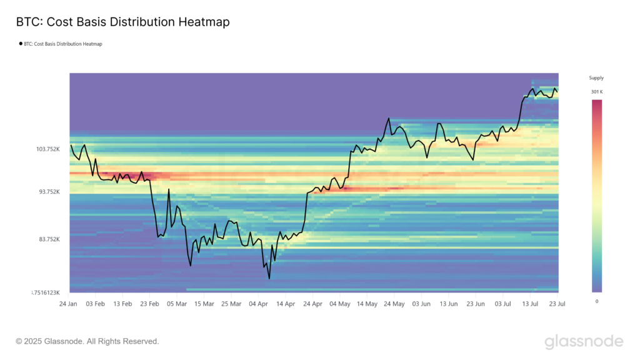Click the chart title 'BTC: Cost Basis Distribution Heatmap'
pyautogui.click(x=122, y=22)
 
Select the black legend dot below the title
pyautogui.click(x=21, y=44)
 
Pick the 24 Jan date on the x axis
pyautogui.click(x=68, y=304)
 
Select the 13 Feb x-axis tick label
pyautogui.click(x=122, y=304)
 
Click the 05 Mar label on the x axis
pyautogui.click(x=177, y=304)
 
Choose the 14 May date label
pyautogui.click(x=367, y=304)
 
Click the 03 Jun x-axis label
pyautogui.click(x=421, y=304)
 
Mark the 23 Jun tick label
pyautogui.click(x=476, y=304)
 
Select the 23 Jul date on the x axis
pyautogui.click(x=557, y=304)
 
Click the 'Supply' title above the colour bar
pyautogui.click(x=596, y=78)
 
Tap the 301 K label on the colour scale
pyautogui.click(x=597, y=92)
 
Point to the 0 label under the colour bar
pyautogui.click(x=596, y=301)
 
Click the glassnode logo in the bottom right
pyautogui.click(x=584, y=341)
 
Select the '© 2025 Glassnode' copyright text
pyautogui.click(x=87, y=341)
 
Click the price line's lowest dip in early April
pyautogui.click(x=269, y=278)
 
